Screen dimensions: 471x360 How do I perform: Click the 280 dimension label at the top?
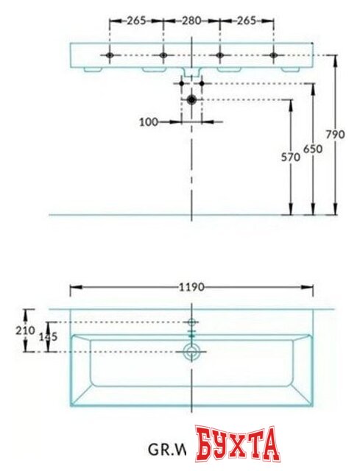click(191, 21)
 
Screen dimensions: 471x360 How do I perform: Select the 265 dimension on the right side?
click(246, 21)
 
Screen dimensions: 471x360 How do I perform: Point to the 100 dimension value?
click(149, 121)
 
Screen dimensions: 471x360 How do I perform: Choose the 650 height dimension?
click(315, 150)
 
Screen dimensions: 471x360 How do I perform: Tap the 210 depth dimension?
click(27, 330)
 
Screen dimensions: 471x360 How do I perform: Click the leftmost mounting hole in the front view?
click(110, 55)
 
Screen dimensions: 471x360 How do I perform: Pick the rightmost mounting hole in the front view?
click(273, 55)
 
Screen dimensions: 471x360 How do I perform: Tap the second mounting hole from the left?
click(163, 55)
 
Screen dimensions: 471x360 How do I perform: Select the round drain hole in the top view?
click(192, 352)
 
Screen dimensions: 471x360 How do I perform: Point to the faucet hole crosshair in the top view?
click(192, 322)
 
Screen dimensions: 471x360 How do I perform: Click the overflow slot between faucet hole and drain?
click(192, 336)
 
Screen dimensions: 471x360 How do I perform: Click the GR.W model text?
click(168, 448)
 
